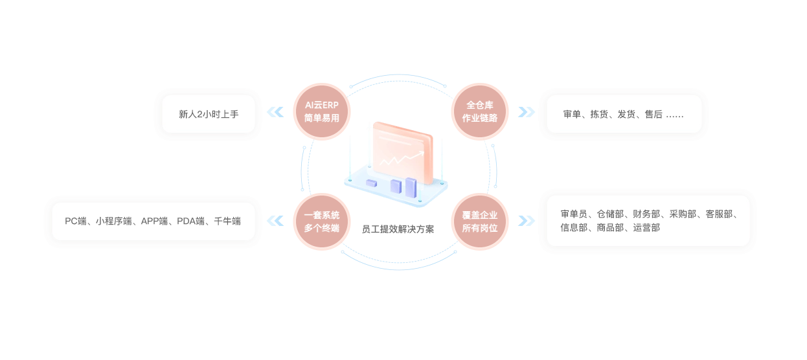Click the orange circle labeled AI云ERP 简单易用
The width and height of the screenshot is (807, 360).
[322, 111]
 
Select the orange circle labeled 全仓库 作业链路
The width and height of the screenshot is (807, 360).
[479, 111]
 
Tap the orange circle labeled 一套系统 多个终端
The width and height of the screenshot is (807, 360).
[322, 221]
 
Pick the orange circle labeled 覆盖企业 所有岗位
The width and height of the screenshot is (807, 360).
[479, 221]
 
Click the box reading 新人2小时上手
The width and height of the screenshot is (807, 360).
[209, 115]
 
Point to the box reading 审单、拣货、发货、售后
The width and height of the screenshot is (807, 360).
[623, 115]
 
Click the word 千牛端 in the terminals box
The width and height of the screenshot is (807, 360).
[227, 221]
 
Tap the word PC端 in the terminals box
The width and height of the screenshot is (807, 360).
[75, 221]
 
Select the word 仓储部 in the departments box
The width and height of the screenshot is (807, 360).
[610, 214]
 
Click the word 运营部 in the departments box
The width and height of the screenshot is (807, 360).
[646, 228]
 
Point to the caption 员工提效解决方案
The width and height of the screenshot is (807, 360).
[398, 229]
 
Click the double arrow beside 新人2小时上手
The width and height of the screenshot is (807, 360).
[275, 112]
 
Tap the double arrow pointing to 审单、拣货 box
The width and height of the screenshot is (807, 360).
[526, 112]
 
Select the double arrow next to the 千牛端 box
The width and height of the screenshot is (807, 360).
[275, 221]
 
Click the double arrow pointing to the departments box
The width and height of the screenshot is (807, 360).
[526, 221]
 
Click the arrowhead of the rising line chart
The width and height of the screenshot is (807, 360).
[422, 153]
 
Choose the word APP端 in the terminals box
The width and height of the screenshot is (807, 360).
[154, 221]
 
